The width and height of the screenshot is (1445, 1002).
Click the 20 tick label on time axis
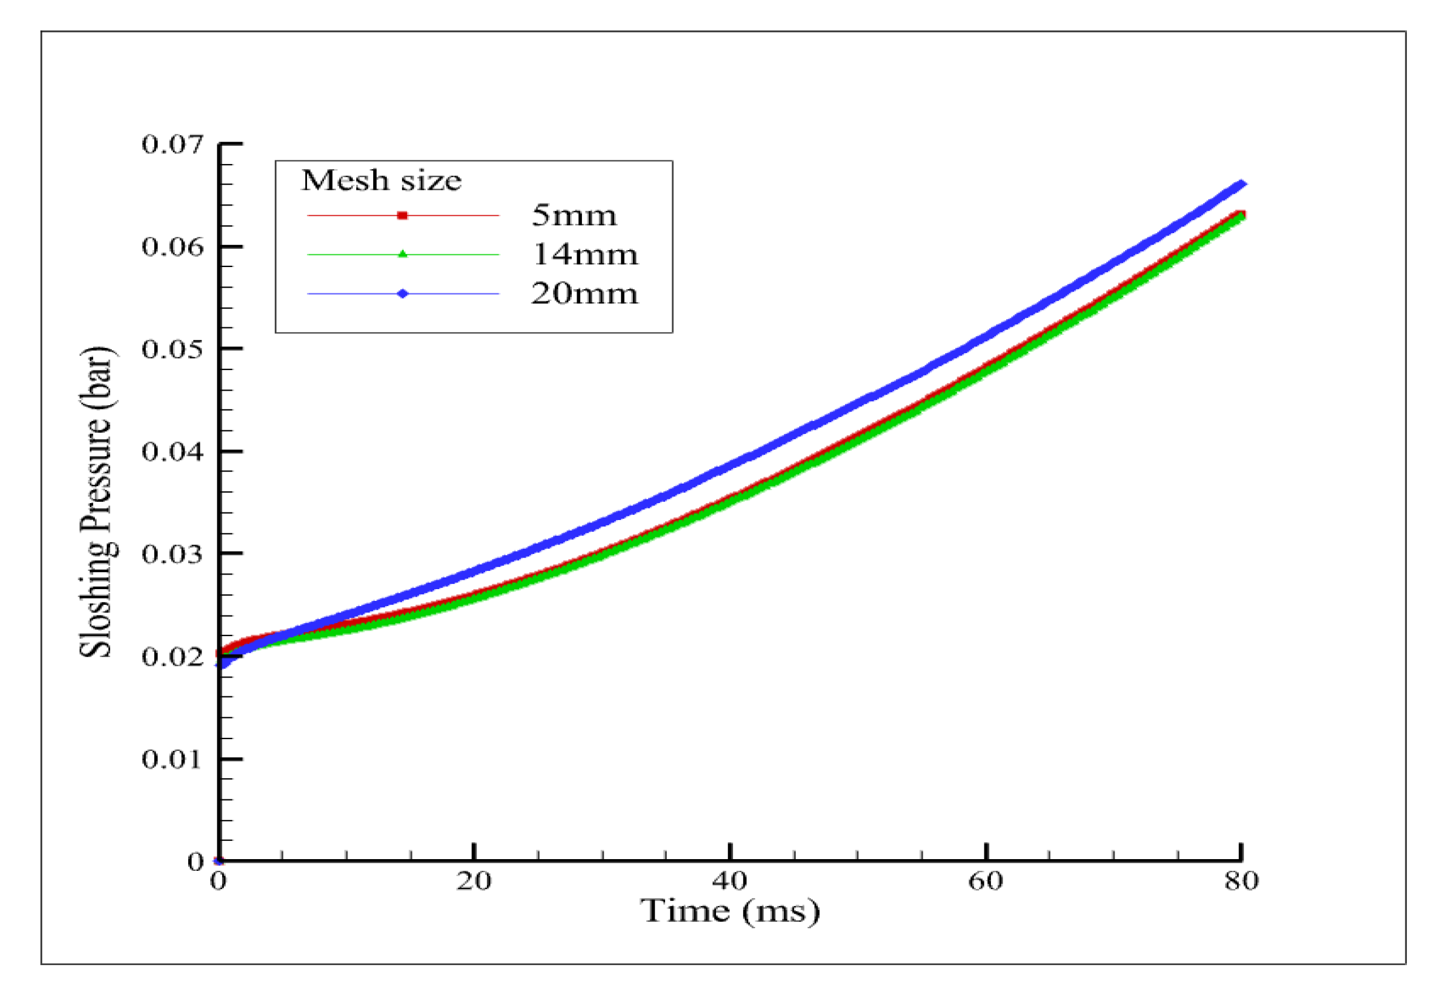[473, 881]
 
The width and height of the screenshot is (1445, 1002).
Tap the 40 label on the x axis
[730, 881]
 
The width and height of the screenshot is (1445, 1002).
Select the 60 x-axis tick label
[985, 881]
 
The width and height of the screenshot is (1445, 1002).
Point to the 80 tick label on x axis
[1242, 881]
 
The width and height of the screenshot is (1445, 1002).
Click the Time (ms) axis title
[730, 911]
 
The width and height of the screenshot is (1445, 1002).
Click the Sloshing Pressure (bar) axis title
[96, 502]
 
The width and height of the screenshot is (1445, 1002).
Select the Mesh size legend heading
[381, 181]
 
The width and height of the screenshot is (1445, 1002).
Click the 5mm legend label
[574, 216]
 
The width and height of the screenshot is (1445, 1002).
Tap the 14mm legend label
[585, 255]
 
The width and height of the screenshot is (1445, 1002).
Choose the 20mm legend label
[584, 294]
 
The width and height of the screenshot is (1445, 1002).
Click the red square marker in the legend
[403, 216]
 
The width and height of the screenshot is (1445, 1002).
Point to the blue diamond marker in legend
[403, 294]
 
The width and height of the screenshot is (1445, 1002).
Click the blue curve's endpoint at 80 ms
[1242, 184]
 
